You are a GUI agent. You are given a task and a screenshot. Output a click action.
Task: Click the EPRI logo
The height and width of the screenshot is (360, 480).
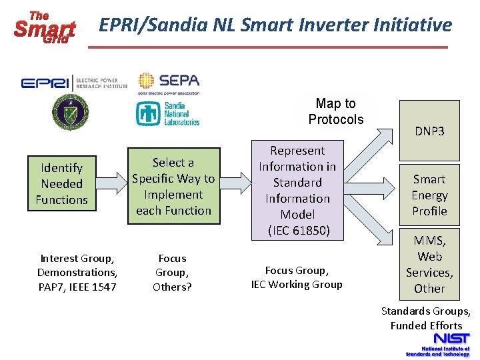[x=73, y=83]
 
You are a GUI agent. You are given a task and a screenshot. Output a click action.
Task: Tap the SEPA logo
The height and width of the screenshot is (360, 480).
[x=169, y=83]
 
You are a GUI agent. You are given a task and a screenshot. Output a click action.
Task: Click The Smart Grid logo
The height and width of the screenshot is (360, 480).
[x=45, y=27]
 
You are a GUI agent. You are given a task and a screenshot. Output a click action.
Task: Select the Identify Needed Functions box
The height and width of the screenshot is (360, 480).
[x=62, y=184]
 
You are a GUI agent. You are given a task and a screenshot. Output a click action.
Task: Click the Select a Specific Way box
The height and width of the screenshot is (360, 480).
[x=173, y=186]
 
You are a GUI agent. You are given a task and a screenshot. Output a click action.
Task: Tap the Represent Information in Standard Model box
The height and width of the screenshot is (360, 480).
[x=297, y=191]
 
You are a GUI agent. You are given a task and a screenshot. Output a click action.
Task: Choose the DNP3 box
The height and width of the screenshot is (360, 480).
[x=429, y=131]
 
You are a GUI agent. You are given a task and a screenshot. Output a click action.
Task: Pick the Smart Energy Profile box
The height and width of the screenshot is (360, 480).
[x=429, y=195]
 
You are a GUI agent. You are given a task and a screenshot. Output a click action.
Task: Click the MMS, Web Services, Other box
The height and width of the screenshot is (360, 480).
[x=429, y=264]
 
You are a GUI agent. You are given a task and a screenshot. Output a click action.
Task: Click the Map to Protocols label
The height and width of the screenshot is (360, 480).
[x=336, y=111]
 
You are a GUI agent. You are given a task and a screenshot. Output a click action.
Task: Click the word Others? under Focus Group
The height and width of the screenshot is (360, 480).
[x=172, y=287]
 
